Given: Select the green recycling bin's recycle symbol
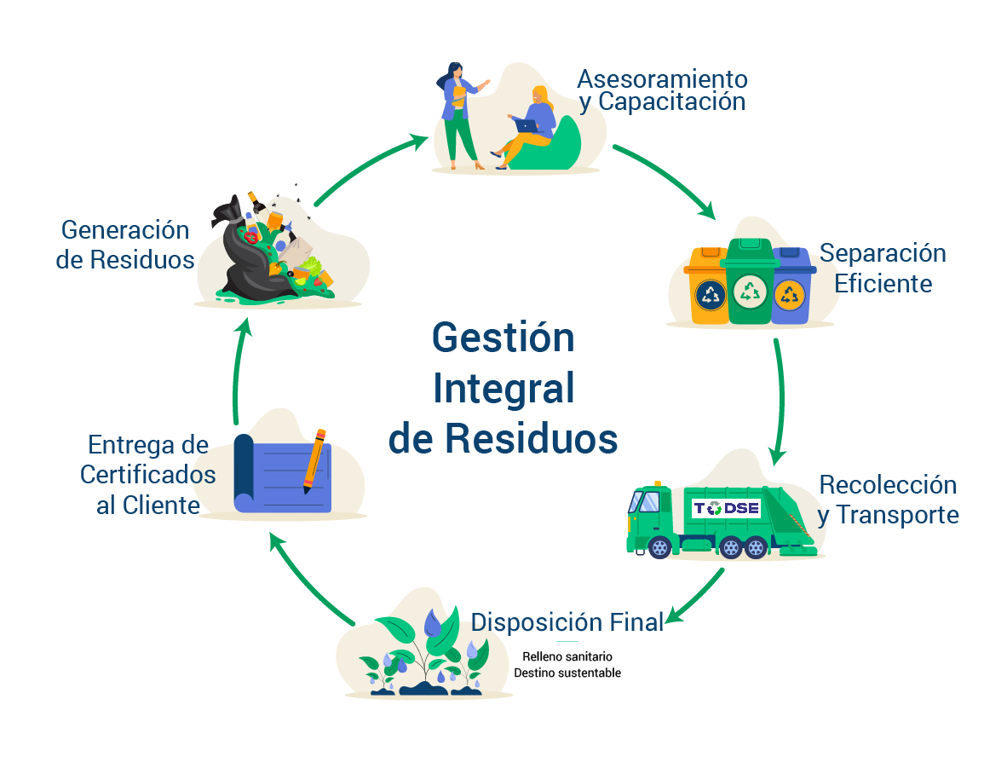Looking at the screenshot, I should click(x=750, y=292).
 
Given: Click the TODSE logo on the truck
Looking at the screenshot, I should click(x=725, y=509).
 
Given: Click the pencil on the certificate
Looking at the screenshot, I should click(x=315, y=460).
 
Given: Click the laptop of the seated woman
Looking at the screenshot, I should click(x=527, y=126).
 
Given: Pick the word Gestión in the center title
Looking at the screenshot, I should click(x=503, y=338).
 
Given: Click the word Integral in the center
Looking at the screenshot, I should click(x=503, y=389).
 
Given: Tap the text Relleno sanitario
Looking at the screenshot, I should click(x=567, y=657).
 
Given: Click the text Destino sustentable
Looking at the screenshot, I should click(x=567, y=673).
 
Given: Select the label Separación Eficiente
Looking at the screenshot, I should click(x=883, y=268).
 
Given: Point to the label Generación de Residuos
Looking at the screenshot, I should click(x=125, y=245).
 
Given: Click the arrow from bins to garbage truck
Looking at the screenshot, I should click(x=780, y=401).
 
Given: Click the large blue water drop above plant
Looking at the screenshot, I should click(x=434, y=624).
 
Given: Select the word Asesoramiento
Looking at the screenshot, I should click(x=662, y=79).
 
